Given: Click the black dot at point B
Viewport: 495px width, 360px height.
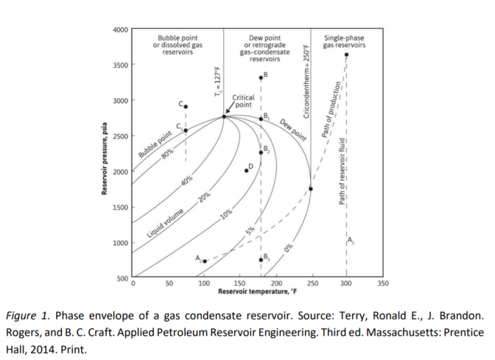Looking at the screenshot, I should tap(261, 78).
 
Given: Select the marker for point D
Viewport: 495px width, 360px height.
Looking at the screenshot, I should tap(246, 170).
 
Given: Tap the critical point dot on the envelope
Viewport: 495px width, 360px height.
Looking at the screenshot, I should tap(224, 116).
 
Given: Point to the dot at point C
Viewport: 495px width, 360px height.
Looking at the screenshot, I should tap(186, 107).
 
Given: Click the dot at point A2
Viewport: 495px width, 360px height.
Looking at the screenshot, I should tap(205, 261).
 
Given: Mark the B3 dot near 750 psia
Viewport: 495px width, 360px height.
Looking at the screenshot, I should tap(261, 260).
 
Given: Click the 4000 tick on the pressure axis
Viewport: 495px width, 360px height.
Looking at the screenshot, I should tap(121, 30).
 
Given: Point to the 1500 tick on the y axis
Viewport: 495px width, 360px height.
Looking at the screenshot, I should tap(121, 207).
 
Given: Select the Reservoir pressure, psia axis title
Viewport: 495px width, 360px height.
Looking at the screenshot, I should tap(103, 155).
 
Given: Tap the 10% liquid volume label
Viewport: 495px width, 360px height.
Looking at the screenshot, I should tap(226, 214).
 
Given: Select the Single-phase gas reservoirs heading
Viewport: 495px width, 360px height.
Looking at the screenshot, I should tap(345, 42).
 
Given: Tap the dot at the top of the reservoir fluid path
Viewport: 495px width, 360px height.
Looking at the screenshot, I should tap(346, 55).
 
